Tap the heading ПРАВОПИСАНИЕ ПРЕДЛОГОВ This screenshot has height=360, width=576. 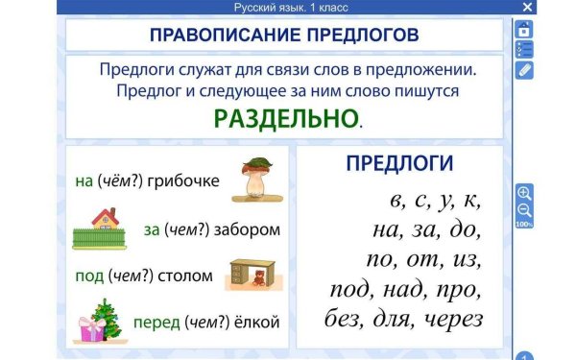[x=284, y=35]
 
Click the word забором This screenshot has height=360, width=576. [x=249, y=229]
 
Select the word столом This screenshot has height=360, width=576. [x=187, y=276]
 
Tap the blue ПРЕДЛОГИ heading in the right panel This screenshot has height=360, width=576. [x=399, y=163]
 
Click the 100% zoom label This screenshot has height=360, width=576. [x=524, y=224]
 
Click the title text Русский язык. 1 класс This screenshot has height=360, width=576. [x=291, y=8]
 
